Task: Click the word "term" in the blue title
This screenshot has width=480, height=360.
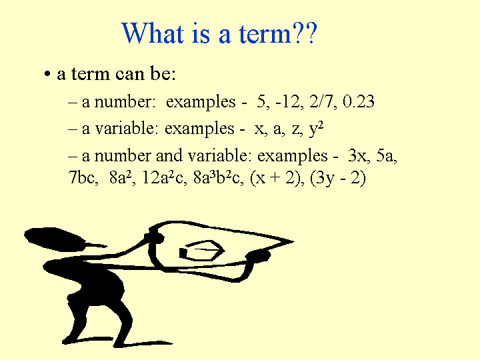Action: pyautogui.click(x=265, y=33)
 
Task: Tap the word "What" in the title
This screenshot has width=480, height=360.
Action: pyautogui.click(x=153, y=33)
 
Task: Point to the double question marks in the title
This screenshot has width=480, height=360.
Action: pyautogui.click(x=305, y=33)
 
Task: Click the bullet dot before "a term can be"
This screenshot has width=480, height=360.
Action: pyautogui.click(x=47, y=74)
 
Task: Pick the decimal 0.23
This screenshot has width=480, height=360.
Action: pyautogui.click(x=359, y=101)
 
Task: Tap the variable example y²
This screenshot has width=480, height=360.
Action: pyautogui.click(x=316, y=129)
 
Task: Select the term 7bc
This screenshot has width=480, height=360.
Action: pyautogui.click(x=83, y=177)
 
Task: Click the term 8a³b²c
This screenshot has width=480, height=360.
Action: pyautogui.click(x=218, y=177)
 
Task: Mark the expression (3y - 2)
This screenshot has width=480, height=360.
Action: pyautogui.click(x=338, y=178)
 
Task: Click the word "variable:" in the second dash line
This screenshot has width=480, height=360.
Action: pyautogui.click(x=127, y=129)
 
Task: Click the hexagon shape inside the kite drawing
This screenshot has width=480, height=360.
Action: pyautogui.click(x=203, y=251)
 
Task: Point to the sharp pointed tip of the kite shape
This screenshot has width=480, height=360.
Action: pyautogui.click(x=293, y=241)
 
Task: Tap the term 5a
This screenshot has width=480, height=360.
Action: pyautogui.click(x=386, y=155)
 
